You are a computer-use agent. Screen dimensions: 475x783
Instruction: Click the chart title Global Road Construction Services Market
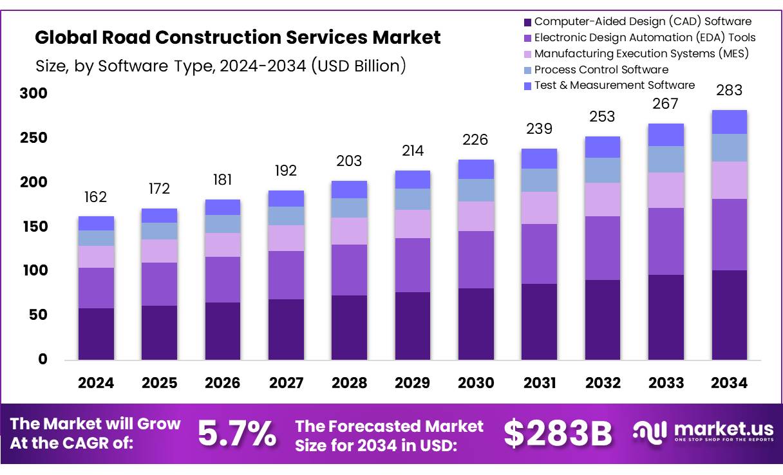click(x=238, y=37)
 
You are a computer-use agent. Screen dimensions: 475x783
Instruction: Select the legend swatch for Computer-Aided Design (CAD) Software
click(x=528, y=22)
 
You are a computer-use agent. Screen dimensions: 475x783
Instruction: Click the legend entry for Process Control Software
click(x=601, y=70)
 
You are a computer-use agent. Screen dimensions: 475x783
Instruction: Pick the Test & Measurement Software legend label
click(x=614, y=85)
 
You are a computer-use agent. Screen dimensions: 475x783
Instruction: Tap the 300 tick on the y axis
click(x=33, y=94)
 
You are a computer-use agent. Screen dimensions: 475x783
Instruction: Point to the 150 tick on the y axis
click(x=33, y=227)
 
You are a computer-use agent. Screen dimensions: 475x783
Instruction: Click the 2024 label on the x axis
click(x=96, y=383)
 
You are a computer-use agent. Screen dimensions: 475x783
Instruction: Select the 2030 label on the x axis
click(x=476, y=383)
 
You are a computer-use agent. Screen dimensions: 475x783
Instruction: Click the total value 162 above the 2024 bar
click(x=96, y=196)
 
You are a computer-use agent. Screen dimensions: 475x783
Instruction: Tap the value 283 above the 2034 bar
click(x=729, y=90)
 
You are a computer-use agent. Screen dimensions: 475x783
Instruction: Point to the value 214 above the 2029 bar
click(x=413, y=151)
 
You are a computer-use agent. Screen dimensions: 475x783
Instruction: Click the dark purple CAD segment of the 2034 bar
click(x=729, y=315)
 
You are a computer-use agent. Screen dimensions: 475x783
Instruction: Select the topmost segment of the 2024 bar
click(x=96, y=223)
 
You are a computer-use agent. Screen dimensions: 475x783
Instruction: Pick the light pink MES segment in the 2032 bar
click(x=602, y=200)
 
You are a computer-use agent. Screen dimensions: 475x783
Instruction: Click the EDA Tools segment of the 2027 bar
click(x=286, y=275)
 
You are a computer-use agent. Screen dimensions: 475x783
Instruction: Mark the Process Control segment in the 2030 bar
click(x=476, y=190)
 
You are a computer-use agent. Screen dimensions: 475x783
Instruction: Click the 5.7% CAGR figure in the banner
click(x=236, y=433)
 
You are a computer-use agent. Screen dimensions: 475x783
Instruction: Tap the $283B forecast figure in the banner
click(x=557, y=433)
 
